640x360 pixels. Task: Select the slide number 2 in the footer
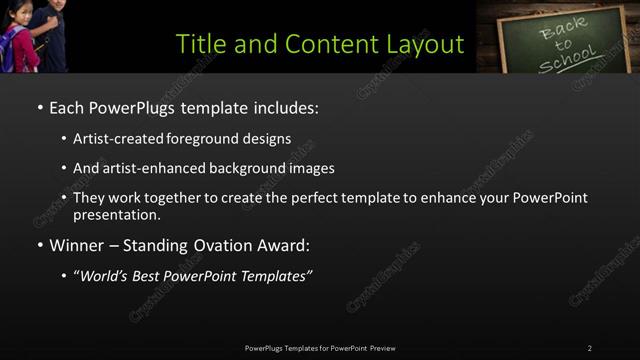(x=589, y=348)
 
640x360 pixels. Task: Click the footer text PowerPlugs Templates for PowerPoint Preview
(x=320, y=348)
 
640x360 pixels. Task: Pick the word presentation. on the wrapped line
(x=117, y=214)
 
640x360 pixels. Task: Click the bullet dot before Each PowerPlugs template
(x=39, y=107)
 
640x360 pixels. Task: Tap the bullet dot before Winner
(x=39, y=245)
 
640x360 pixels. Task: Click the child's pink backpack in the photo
(x=14, y=52)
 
